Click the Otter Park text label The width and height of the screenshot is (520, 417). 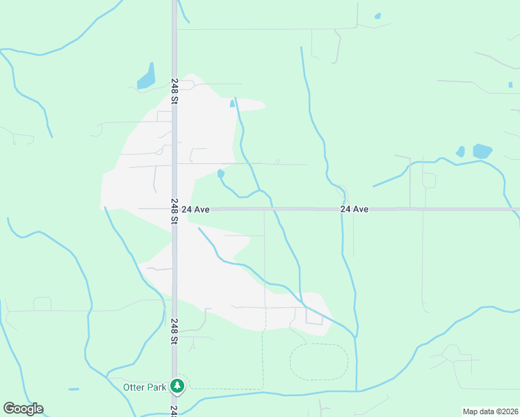pyautogui.click(x=145, y=387)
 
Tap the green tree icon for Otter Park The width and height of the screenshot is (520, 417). pyautogui.click(x=178, y=386)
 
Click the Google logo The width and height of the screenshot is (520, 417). pyautogui.click(x=23, y=409)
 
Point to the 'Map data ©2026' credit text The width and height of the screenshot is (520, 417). pyautogui.click(x=490, y=411)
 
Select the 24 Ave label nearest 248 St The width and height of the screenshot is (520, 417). pyautogui.click(x=195, y=209)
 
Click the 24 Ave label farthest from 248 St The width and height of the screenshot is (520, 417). pyautogui.click(x=354, y=209)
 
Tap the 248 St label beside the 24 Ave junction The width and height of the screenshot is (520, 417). pyautogui.click(x=174, y=211)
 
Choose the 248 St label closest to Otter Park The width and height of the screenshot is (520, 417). pyautogui.click(x=174, y=332)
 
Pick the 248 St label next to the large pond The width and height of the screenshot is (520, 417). pyautogui.click(x=174, y=91)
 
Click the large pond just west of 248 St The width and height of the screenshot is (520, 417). pyautogui.click(x=147, y=77)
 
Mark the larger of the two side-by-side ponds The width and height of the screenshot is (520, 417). pyautogui.click(x=482, y=151)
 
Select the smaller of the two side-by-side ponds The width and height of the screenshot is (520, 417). pyautogui.click(x=460, y=151)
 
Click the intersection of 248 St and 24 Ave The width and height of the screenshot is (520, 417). pyautogui.click(x=174, y=208)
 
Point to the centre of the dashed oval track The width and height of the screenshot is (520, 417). pyautogui.click(x=318, y=361)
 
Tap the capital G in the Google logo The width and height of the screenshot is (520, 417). pyautogui.click(x=10, y=408)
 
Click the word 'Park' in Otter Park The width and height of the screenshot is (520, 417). pyautogui.click(x=156, y=387)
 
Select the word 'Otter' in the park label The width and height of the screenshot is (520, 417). pyautogui.click(x=134, y=387)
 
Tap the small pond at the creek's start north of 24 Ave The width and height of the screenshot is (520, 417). pyautogui.click(x=220, y=173)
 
